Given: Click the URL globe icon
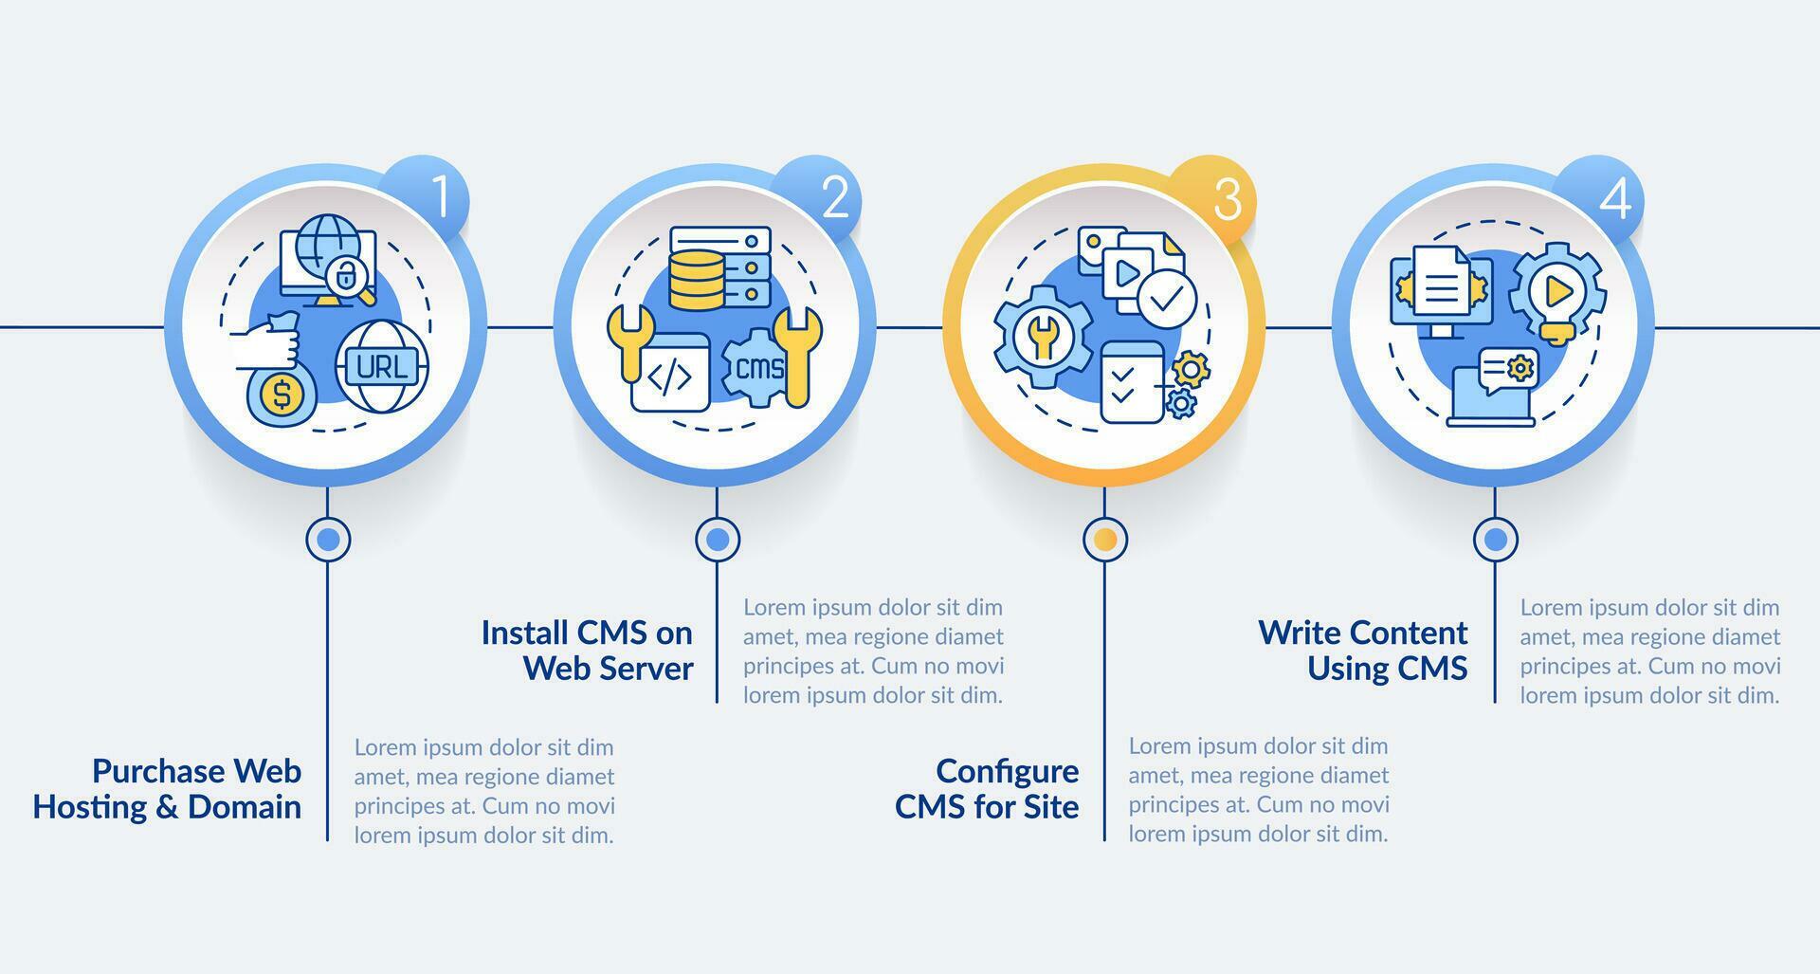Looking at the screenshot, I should click(382, 366).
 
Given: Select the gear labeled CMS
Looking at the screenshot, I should click(759, 368).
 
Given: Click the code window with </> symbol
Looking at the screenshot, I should click(670, 375).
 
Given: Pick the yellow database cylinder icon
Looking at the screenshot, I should click(696, 280).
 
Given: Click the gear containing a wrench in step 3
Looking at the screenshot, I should click(1043, 337).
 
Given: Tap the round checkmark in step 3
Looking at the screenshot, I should click(1166, 298).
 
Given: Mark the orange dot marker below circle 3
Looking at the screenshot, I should click(1104, 540).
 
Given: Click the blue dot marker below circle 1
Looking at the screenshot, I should click(328, 540).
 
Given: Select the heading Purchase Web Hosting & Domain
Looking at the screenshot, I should click(168, 789).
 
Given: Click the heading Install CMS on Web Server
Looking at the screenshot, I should click(588, 651).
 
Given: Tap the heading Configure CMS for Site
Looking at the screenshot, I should click(987, 789).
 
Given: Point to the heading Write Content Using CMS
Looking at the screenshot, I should click(1363, 651).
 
